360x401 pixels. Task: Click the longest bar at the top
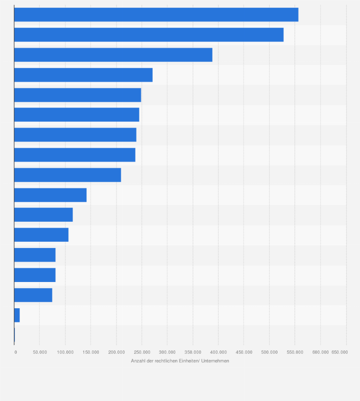(x=156, y=15)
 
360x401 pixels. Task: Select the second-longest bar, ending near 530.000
(x=148, y=35)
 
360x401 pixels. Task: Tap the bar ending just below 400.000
(x=113, y=55)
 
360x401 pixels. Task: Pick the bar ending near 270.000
(x=83, y=75)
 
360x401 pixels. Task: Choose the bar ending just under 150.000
(x=50, y=195)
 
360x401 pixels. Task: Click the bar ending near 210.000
(x=67, y=175)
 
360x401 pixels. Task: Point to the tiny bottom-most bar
(x=14, y=336)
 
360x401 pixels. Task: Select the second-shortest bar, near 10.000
(x=17, y=315)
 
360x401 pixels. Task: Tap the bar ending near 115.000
(x=43, y=215)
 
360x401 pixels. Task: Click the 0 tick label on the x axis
(x=16, y=352)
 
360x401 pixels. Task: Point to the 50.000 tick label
(x=40, y=352)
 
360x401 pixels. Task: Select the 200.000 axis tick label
(x=116, y=352)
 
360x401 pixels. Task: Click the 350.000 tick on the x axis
(x=167, y=352)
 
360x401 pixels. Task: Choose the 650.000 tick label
(x=339, y=352)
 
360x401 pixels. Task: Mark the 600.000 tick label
(x=320, y=352)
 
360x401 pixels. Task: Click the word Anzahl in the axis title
(x=138, y=361)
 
